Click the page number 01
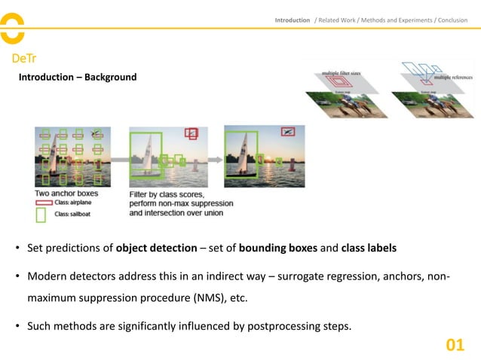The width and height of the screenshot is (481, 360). coord(455,345)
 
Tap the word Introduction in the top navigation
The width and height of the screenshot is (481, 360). coord(292,20)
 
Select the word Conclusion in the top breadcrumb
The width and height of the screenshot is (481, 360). coord(452,20)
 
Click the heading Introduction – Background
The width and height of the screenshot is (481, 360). coord(78,77)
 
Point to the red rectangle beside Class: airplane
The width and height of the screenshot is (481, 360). coord(43,203)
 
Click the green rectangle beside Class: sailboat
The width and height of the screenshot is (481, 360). coord(42,215)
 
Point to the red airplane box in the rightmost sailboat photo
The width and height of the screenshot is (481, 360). coord(287,132)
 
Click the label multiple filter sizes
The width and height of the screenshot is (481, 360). coord(342,72)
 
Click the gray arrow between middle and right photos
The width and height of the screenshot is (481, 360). coord(213,160)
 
